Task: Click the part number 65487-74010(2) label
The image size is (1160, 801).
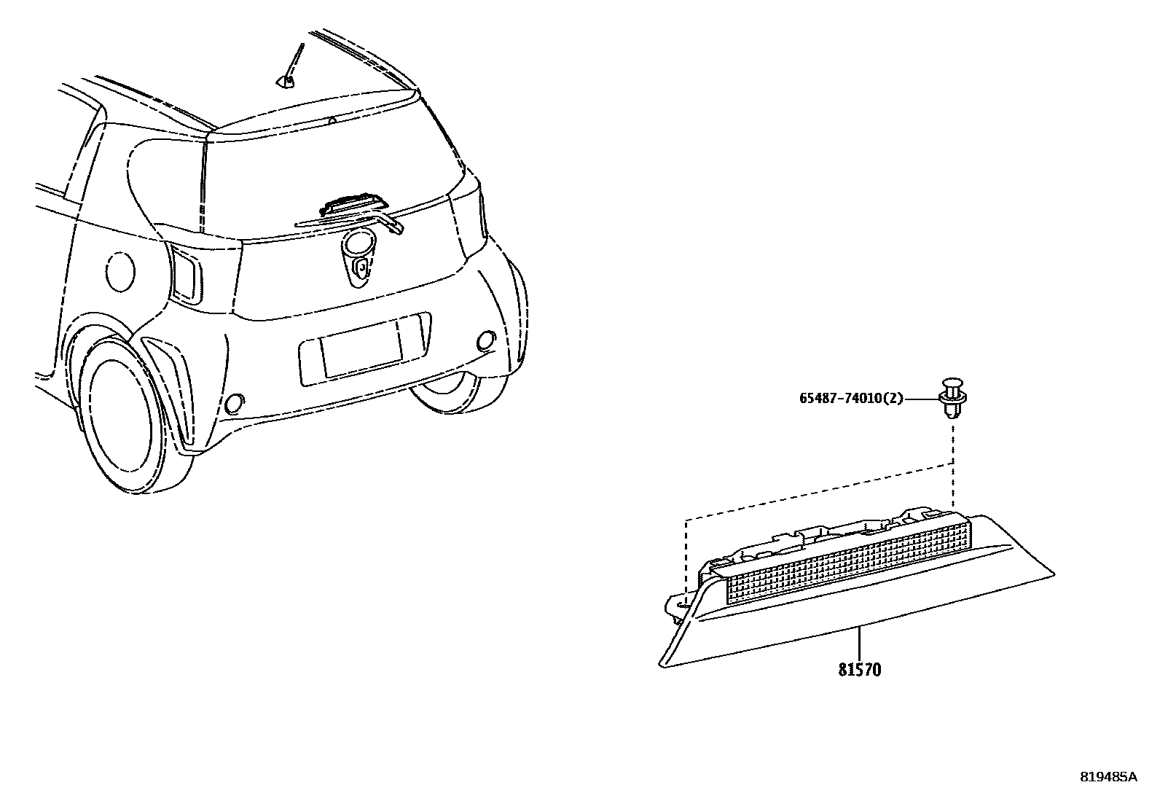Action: (x=851, y=399)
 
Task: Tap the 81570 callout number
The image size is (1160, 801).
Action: (x=859, y=669)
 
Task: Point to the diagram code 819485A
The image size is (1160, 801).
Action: (x=1108, y=777)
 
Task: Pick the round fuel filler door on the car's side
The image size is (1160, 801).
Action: (x=120, y=271)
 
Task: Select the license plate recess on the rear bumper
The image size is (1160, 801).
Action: (x=364, y=349)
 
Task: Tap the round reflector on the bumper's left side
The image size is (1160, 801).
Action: (x=235, y=403)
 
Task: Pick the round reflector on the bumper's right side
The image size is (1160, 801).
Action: (x=484, y=340)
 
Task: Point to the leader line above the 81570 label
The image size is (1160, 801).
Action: (x=859, y=642)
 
